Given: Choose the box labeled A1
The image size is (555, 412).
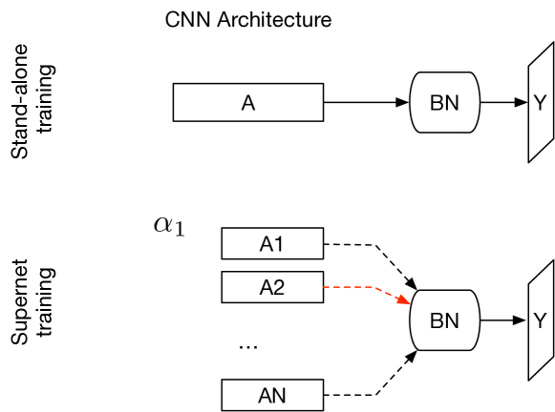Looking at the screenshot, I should click(x=272, y=244).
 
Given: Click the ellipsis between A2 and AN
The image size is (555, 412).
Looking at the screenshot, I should click(x=247, y=347).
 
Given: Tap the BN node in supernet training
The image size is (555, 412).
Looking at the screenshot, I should click(x=443, y=320).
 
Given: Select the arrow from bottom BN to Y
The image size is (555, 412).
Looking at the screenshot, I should click(x=502, y=320).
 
